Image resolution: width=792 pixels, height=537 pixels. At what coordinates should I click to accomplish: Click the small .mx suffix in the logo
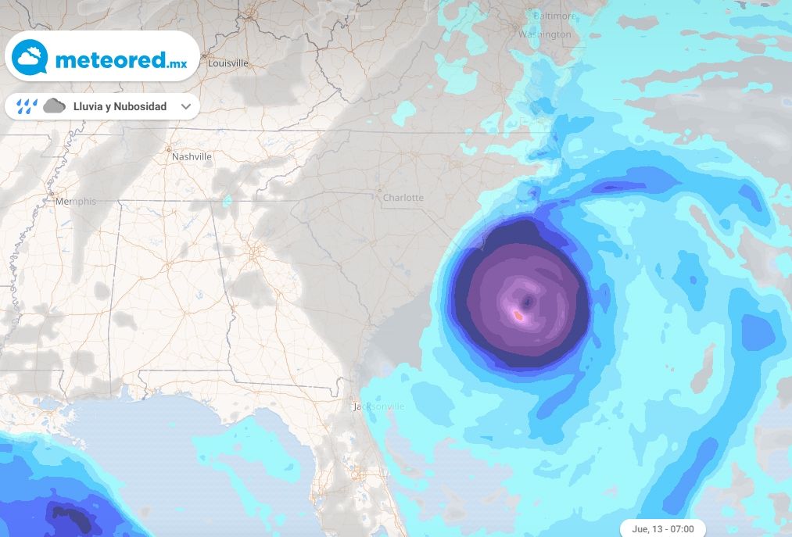(x=177, y=63)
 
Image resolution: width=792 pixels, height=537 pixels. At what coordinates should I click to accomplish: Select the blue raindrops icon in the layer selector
(x=27, y=106)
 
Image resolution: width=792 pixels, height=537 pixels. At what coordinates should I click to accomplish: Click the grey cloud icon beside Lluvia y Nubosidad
(x=54, y=106)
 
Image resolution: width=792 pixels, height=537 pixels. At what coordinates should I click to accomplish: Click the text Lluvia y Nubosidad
(x=120, y=106)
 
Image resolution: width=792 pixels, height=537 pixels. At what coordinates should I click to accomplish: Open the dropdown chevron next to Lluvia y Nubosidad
(x=186, y=106)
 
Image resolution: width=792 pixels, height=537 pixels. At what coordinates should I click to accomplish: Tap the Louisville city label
(x=228, y=63)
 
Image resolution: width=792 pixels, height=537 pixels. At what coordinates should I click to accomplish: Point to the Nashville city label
(x=192, y=156)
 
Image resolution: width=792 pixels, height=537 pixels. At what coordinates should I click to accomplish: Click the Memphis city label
(x=76, y=201)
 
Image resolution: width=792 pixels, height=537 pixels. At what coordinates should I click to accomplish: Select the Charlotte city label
(x=403, y=198)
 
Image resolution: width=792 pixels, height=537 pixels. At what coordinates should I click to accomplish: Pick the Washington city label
(x=545, y=34)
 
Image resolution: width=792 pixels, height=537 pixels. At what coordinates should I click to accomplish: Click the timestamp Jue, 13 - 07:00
(x=662, y=529)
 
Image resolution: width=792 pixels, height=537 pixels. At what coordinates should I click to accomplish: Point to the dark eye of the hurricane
(x=529, y=301)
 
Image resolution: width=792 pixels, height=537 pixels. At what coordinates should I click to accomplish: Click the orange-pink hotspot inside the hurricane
(x=517, y=315)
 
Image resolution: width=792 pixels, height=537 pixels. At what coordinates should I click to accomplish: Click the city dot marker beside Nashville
(x=168, y=149)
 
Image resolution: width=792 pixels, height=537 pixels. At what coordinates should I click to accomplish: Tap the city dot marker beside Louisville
(x=204, y=55)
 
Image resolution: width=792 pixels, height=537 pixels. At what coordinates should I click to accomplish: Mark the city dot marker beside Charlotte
(x=379, y=190)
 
